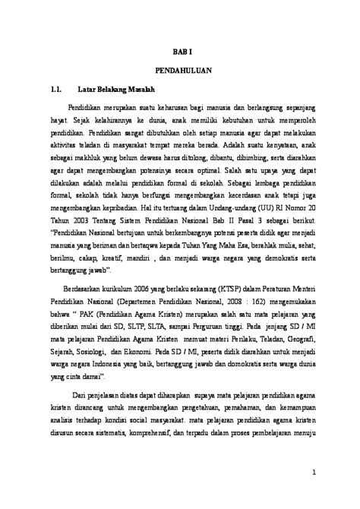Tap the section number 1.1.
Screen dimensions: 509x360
coord(53,89)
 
